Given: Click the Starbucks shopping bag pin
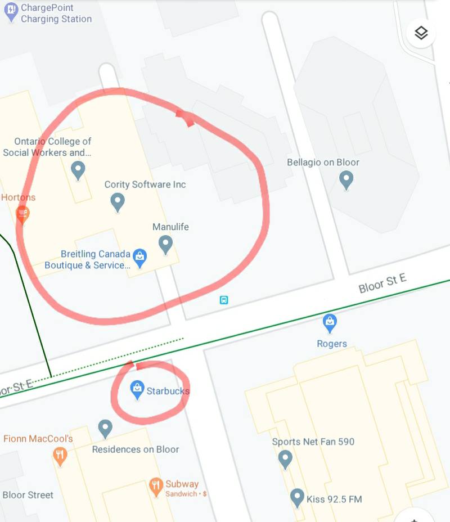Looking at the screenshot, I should (x=137, y=388).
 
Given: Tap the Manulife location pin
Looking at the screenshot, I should (x=165, y=244).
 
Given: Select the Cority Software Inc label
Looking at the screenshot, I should (x=145, y=184).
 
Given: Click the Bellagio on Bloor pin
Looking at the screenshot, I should (x=346, y=179).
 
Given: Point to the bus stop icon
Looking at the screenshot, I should (x=224, y=300).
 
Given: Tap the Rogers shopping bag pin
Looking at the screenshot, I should (x=330, y=322).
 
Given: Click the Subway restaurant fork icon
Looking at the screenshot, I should (x=156, y=486).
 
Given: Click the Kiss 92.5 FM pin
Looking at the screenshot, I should (x=297, y=497).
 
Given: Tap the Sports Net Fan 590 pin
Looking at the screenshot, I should (x=285, y=458).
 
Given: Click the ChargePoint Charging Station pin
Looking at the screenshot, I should (x=11, y=11).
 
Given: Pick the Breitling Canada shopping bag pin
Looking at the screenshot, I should (x=139, y=258).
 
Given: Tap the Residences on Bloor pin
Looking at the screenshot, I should (x=105, y=428).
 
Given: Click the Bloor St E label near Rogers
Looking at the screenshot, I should (x=382, y=283).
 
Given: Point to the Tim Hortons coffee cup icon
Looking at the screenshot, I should (x=22, y=213).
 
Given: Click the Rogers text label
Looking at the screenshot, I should (x=332, y=344).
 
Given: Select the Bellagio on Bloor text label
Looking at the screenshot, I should (x=323, y=163).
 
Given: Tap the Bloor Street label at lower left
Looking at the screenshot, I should (x=28, y=495).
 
